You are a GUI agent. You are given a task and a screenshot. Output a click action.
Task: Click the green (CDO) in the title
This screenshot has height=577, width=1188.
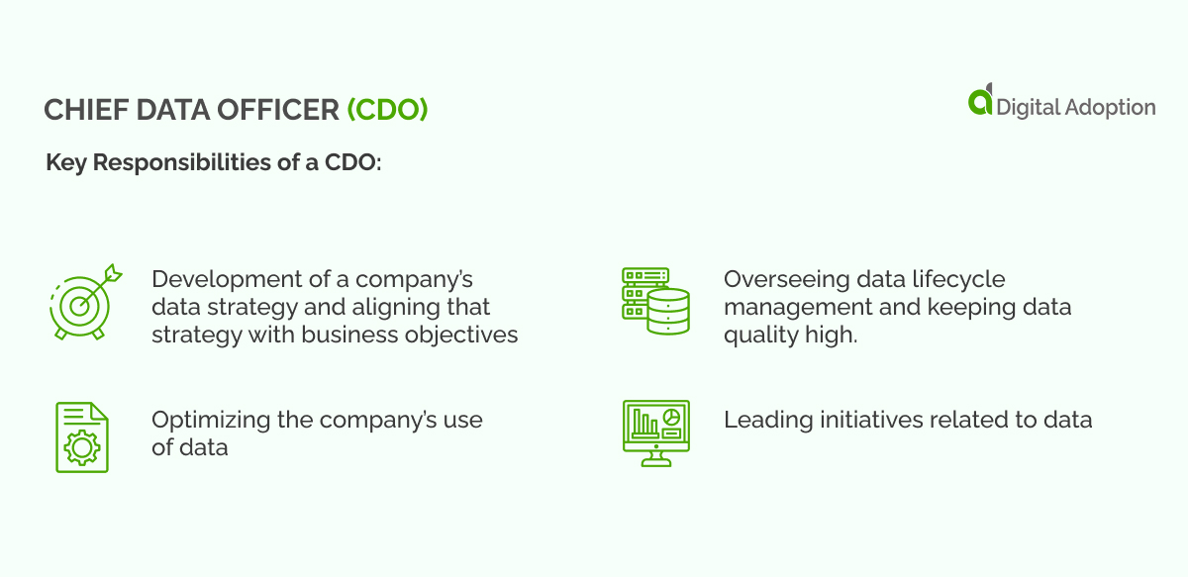tap(387, 110)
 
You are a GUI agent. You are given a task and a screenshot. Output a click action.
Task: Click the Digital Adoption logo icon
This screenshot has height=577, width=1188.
tap(980, 101)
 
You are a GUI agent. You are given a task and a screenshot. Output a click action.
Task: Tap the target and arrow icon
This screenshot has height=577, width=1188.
tap(84, 300)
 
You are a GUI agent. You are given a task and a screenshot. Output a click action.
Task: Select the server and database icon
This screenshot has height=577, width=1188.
tap(654, 300)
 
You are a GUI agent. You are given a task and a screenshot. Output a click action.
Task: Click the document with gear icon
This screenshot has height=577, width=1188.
tap(81, 435)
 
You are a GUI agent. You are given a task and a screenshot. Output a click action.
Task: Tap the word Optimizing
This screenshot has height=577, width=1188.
tap(211, 420)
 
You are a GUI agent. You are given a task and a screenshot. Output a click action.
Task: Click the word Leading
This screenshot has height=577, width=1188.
tap(758, 420)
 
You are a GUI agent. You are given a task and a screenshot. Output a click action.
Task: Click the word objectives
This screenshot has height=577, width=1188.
tap(460, 335)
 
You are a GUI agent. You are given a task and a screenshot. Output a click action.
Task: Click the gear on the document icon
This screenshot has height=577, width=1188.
tap(81, 448)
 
